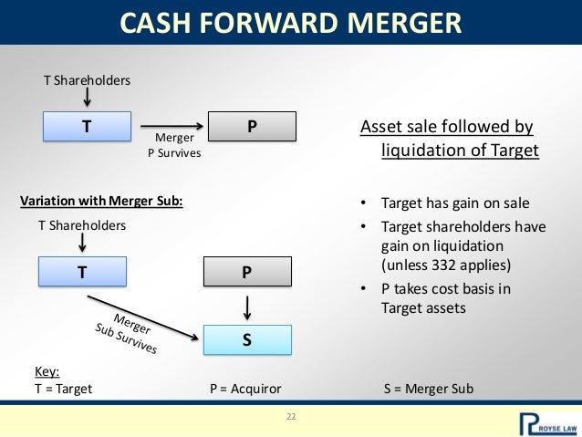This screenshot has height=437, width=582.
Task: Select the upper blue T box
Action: coord(86,127)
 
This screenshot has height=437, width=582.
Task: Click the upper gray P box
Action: coord(253,127)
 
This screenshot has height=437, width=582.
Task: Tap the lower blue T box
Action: coord(81,272)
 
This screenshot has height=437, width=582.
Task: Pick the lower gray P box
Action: coord(246,272)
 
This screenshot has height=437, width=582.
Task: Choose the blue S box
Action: coord(246,340)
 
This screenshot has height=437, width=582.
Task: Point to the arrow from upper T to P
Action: coord(172,126)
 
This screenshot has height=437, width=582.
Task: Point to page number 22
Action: coord(292,417)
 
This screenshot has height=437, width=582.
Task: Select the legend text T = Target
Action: coord(63,388)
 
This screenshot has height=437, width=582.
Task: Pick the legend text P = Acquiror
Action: coord(245,388)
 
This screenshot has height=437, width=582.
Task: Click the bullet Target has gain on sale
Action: coord(455,203)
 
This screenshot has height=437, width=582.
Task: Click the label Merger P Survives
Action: coord(174,146)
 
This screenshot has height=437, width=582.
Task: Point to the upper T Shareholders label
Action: coord(88,80)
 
